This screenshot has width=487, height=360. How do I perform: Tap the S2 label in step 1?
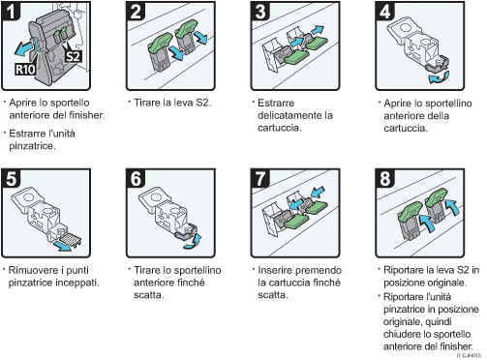tap(73, 57)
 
